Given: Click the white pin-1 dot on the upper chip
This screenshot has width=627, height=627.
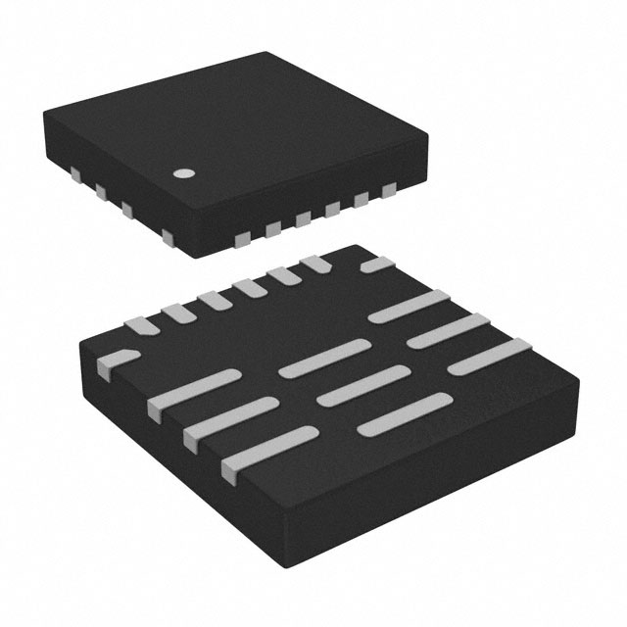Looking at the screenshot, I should click(182, 174).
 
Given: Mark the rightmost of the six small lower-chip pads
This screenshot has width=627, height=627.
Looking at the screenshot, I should click(316, 263).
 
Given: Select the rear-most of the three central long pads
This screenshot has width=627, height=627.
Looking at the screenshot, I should click(322, 358).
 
